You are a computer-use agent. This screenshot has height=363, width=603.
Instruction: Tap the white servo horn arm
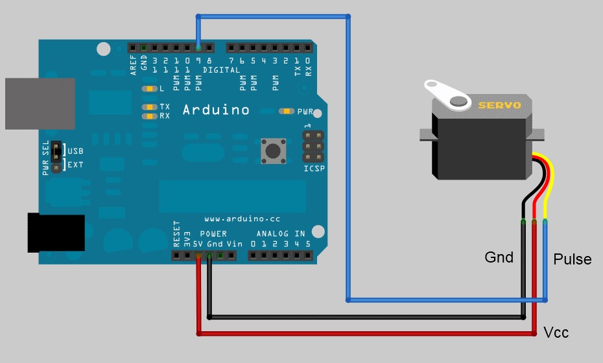click(x=447, y=94)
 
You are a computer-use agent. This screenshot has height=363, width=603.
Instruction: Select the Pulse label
click(x=573, y=259)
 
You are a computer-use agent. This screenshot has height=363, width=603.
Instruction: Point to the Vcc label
click(x=556, y=333)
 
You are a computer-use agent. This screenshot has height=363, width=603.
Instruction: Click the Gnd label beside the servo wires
click(x=499, y=257)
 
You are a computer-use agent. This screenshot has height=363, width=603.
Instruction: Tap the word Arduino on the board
click(x=216, y=110)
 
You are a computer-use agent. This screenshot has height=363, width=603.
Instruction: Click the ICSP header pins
click(x=314, y=147)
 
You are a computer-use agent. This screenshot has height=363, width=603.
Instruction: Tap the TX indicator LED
click(x=150, y=107)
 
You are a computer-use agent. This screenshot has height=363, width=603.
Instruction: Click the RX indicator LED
click(x=150, y=116)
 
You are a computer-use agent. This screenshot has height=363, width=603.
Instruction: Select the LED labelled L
click(x=150, y=88)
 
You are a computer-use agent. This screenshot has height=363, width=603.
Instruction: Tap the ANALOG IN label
click(x=281, y=233)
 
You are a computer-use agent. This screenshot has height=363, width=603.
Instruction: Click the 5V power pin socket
click(x=198, y=256)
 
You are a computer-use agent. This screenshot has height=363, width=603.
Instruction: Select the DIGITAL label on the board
click(x=221, y=69)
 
